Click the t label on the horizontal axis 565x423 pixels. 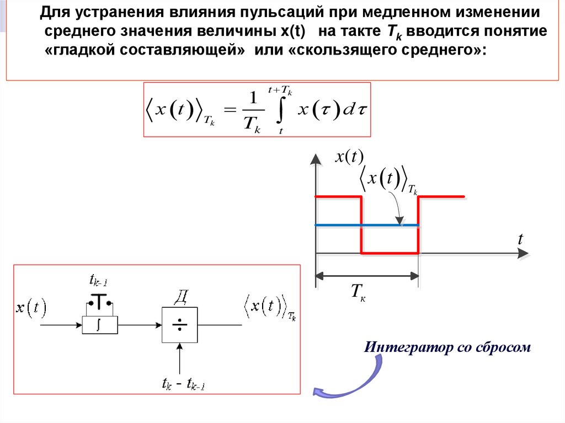pos(520,239)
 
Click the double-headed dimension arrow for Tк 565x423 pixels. pos(366,275)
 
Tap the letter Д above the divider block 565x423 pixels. pos(180,298)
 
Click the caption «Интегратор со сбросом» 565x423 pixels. pos(447,347)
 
